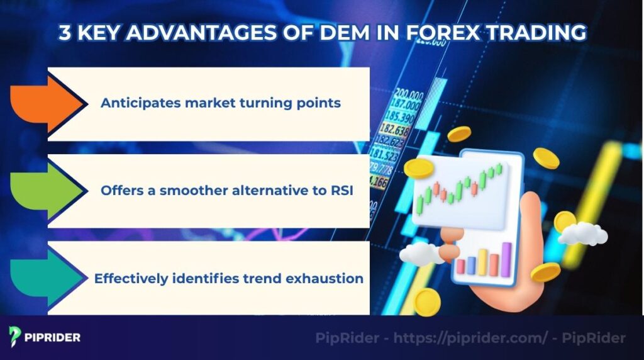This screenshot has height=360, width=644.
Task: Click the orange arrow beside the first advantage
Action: pyautogui.click(x=47, y=103)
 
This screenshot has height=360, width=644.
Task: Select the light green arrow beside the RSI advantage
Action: pyautogui.click(x=47, y=190)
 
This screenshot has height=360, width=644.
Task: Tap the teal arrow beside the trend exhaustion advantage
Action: pyautogui.click(x=47, y=278)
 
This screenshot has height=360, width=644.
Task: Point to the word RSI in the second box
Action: pyautogui.click(x=340, y=190)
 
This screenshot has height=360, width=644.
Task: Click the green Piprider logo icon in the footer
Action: pyautogui.click(x=16, y=337)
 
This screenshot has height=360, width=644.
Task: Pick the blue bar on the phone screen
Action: pyautogui.click(x=470, y=266)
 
